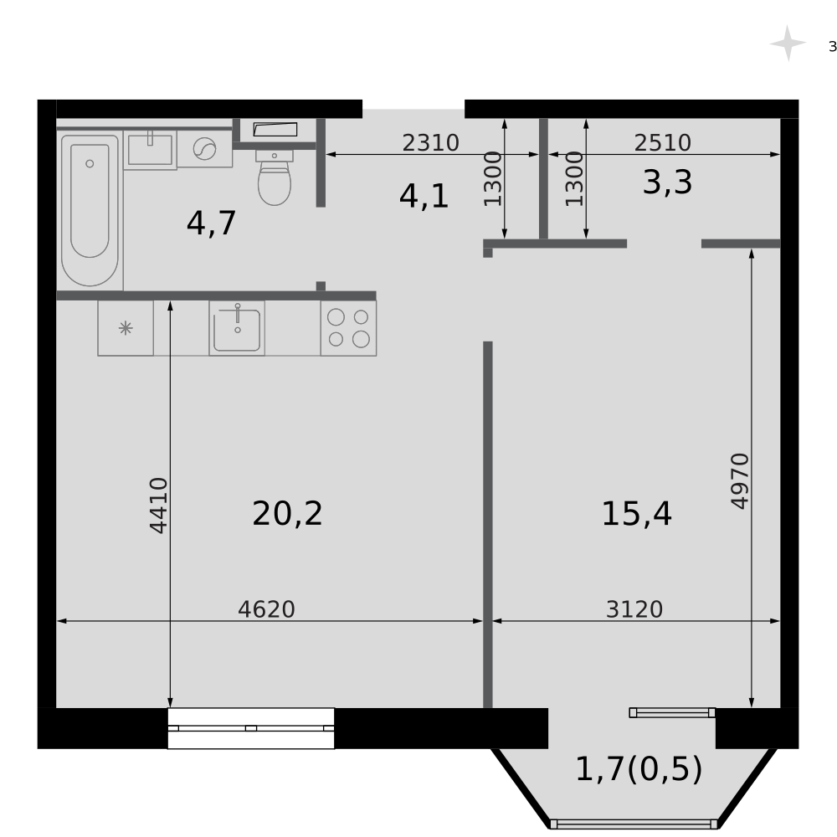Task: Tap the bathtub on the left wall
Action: point(90,210)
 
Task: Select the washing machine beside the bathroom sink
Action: point(204,149)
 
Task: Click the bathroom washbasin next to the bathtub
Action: point(150,150)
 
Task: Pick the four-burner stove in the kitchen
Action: point(348,328)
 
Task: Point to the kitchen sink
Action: point(237,328)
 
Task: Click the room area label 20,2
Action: point(287,514)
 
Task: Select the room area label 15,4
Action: point(636,514)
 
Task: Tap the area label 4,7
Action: point(212,223)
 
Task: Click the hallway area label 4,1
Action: point(424,196)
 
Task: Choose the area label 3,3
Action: point(668,182)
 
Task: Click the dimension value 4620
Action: point(266,609)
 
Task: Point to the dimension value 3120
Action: point(634,609)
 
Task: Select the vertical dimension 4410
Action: point(158,506)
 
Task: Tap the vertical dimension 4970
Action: point(740,481)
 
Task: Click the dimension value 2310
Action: point(431,143)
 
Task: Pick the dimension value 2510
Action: point(663,143)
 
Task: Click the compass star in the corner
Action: point(788,44)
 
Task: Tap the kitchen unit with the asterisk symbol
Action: point(126,328)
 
